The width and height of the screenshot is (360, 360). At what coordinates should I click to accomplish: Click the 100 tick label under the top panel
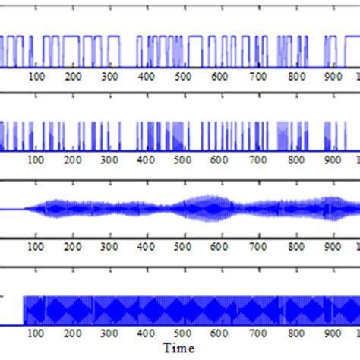(x=35, y=77)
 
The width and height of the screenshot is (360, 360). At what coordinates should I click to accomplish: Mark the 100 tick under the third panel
(x=35, y=246)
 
